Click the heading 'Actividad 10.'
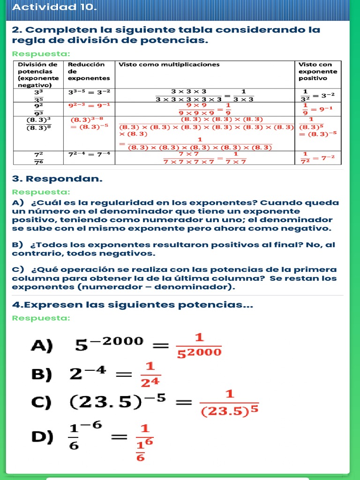click(x=54, y=8)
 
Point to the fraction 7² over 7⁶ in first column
click(x=39, y=157)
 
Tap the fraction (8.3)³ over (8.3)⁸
click(x=39, y=123)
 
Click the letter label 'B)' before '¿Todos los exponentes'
click(x=18, y=245)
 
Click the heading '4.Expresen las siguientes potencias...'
click(x=133, y=305)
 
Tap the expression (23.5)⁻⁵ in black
click(x=117, y=402)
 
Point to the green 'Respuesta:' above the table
click(x=41, y=53)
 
